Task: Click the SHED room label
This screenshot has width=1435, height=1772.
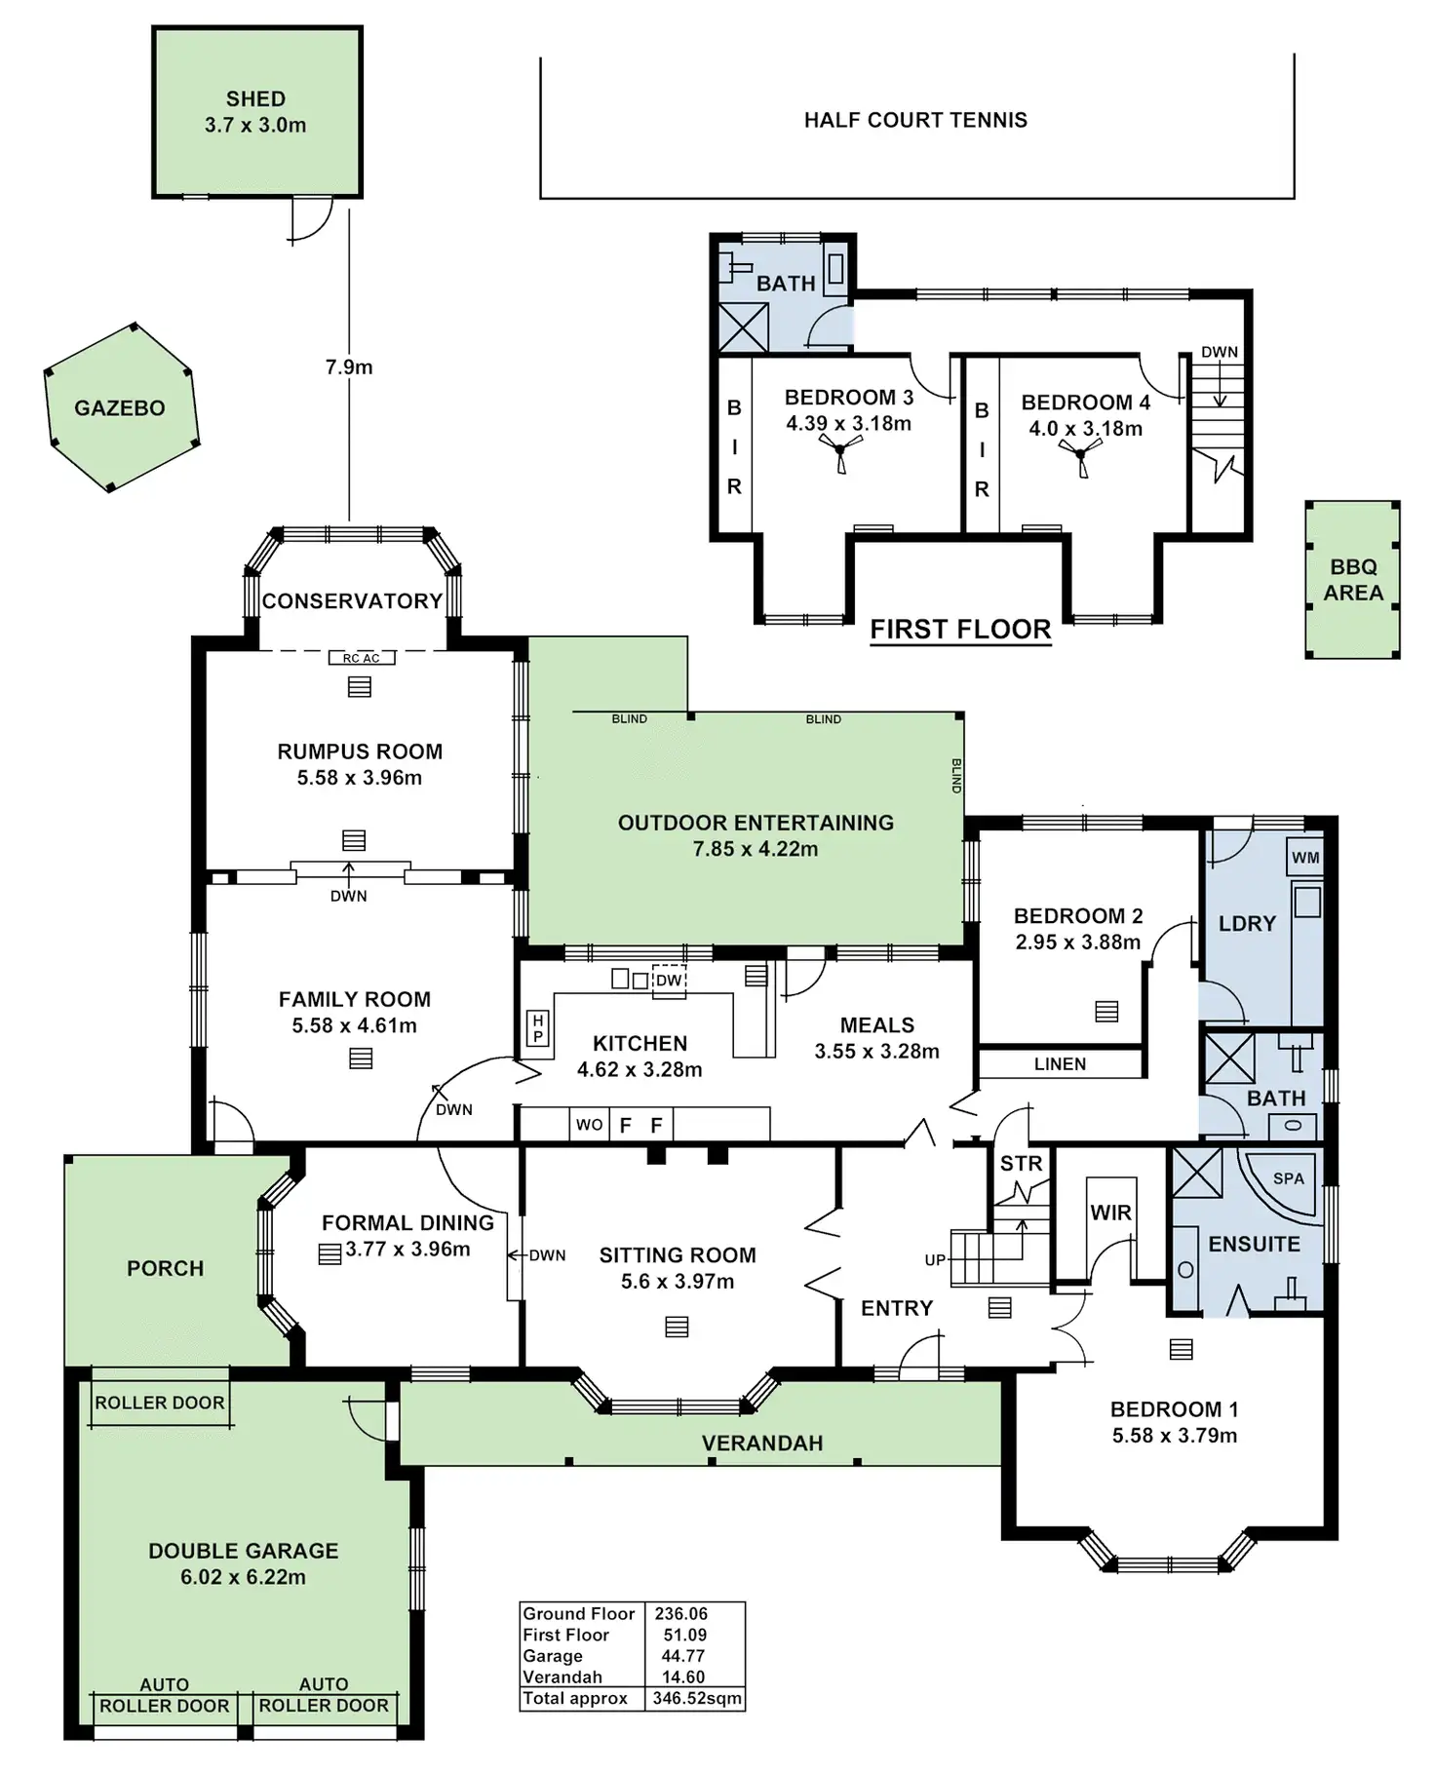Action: coord(255,99)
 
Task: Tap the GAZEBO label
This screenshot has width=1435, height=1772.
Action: coord(120,408)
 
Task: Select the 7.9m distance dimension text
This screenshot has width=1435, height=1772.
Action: coord(349,367)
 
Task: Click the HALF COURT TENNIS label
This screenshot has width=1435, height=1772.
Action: coord(915,120)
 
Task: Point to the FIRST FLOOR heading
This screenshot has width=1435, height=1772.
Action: coord(960,630)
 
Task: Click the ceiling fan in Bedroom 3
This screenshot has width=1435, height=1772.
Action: coord(840,451)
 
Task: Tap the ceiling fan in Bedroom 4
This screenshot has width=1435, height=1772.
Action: coord(1081,456)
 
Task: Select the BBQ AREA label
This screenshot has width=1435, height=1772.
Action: coord(1353,580)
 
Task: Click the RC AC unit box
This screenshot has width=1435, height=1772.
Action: coord(361,659)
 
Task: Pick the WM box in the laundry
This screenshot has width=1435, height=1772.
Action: coord(1305,858)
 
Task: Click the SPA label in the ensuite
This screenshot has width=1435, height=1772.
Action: coord(1288,1178)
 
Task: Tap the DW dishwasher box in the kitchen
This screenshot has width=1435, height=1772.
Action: coord(669,981)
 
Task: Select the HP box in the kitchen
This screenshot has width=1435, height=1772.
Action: coord(537,1028)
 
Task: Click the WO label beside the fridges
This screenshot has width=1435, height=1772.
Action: coord(589,1125)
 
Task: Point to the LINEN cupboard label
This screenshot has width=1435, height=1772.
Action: coord(1060,1064)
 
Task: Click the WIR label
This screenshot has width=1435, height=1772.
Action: coord(1110,1213)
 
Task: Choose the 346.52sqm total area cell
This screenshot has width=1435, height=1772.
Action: coord(697,1699)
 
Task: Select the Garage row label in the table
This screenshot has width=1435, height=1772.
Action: coord(553,1656)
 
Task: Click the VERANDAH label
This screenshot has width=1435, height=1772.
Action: coord(762,1444)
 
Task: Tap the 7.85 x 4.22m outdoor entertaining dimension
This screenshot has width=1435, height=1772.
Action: coord(756,849)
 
